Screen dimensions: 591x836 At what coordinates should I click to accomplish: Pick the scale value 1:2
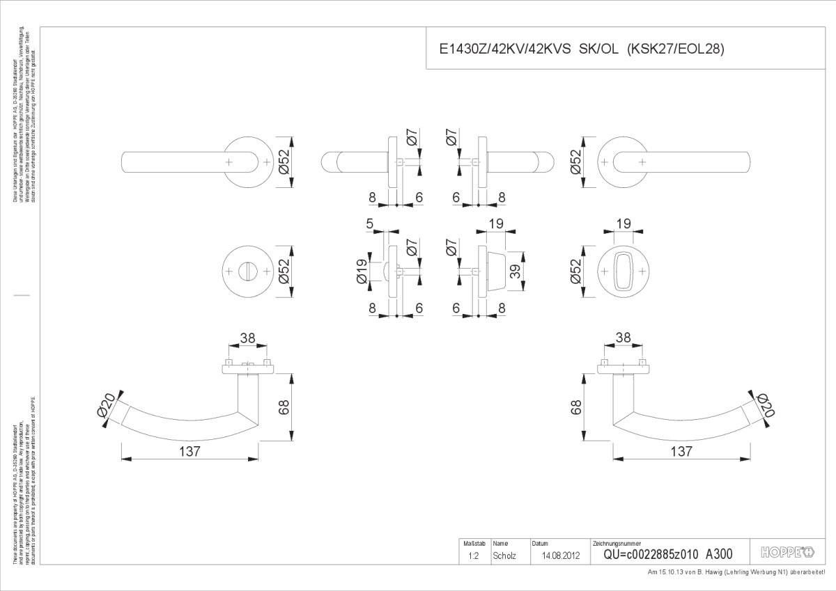(473, 555)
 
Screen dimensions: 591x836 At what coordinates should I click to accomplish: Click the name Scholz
(504, 555)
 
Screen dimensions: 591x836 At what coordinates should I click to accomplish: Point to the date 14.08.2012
(561, 555)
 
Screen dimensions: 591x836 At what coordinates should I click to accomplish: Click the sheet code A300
(719, 554)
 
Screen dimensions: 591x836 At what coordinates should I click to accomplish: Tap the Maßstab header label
(470, 543)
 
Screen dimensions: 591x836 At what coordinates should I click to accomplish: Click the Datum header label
(541, 543)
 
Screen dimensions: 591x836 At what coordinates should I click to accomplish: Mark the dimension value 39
(515, 271)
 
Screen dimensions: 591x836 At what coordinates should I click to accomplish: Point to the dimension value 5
(369, 223)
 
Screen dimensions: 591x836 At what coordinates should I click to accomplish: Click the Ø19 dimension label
(362, 271)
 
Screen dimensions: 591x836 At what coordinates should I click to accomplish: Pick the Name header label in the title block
(500, 543)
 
